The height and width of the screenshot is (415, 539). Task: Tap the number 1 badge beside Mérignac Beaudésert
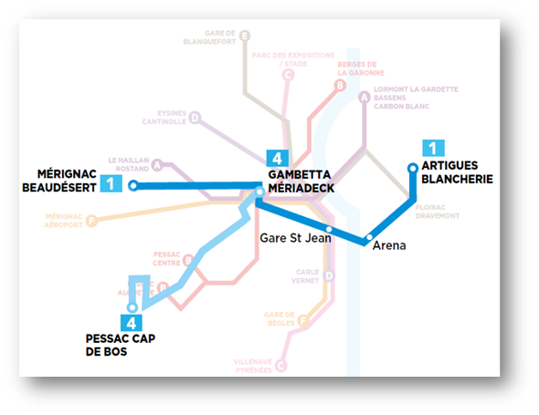[x=111, y=183]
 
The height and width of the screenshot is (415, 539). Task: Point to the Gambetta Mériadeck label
[x=301, y=181]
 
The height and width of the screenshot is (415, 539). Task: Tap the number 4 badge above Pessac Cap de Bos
[x=132, y=322]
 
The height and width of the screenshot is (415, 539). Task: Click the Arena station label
[x=389, y=246]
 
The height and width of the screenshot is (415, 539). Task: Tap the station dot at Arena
[x=369, y=239]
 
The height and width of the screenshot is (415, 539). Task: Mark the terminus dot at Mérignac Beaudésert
[x=133, y=186]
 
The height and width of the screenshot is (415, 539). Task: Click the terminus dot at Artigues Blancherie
[x=412, y=167]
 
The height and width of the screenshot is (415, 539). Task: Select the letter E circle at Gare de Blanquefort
[x=244, y=36]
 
